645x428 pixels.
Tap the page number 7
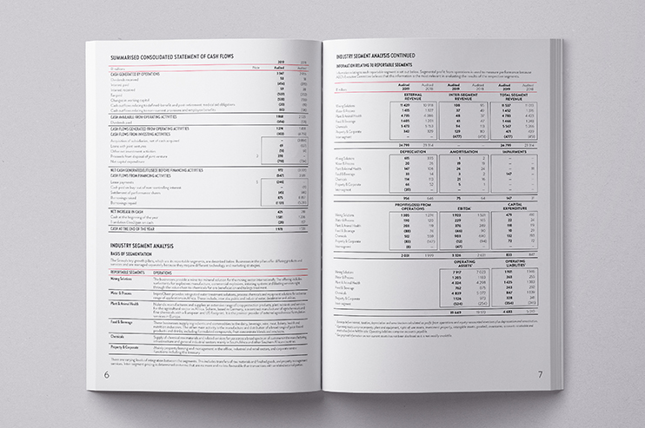pos(539,374)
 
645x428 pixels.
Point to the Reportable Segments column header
pos(126,272)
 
